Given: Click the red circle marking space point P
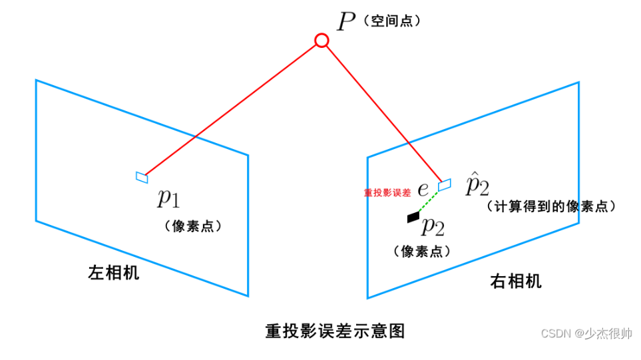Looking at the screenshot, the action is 321,41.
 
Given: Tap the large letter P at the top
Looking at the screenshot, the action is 346,22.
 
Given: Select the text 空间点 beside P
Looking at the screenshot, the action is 393,22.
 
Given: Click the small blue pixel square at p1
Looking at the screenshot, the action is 142,176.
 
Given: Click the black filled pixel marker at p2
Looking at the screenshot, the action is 413,216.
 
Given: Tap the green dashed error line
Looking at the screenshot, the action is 429,201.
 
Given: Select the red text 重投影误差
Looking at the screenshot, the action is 387,192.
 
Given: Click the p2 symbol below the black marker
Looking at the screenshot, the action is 433,227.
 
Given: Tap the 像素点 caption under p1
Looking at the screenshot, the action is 192,226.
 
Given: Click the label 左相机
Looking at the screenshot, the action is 114,273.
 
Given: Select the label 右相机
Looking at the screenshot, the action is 516,281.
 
